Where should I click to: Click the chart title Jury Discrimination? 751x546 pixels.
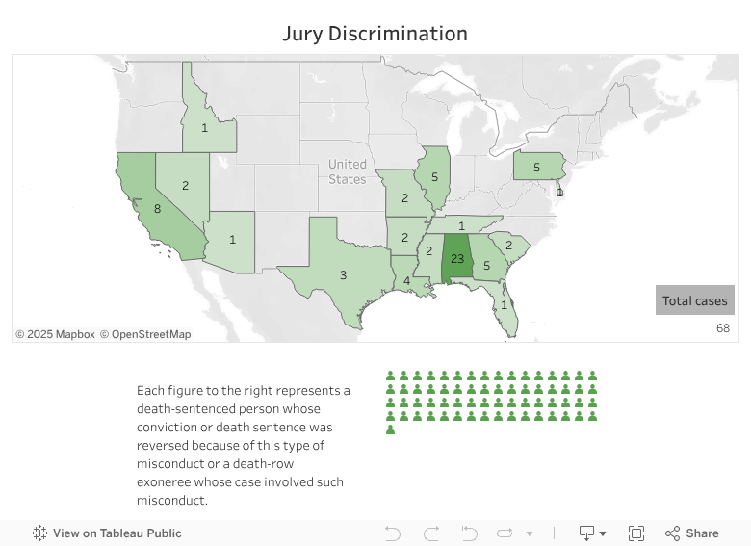coord(375,34)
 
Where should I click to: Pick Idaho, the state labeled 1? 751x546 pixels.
coord(204,127)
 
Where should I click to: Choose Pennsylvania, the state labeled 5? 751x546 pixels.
coord(536,167)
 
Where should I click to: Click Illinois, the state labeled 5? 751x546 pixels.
coord(434,177)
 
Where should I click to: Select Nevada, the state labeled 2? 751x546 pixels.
coord(185,185)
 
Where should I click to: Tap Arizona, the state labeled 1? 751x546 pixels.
coord(232,240)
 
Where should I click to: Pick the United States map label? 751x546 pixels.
coord(347,171)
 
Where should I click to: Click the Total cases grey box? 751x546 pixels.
coord(695,300)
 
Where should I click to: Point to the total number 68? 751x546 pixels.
coord(722,328)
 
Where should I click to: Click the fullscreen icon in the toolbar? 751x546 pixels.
coord(635,533)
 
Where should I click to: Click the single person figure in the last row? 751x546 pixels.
coord(391,429)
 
